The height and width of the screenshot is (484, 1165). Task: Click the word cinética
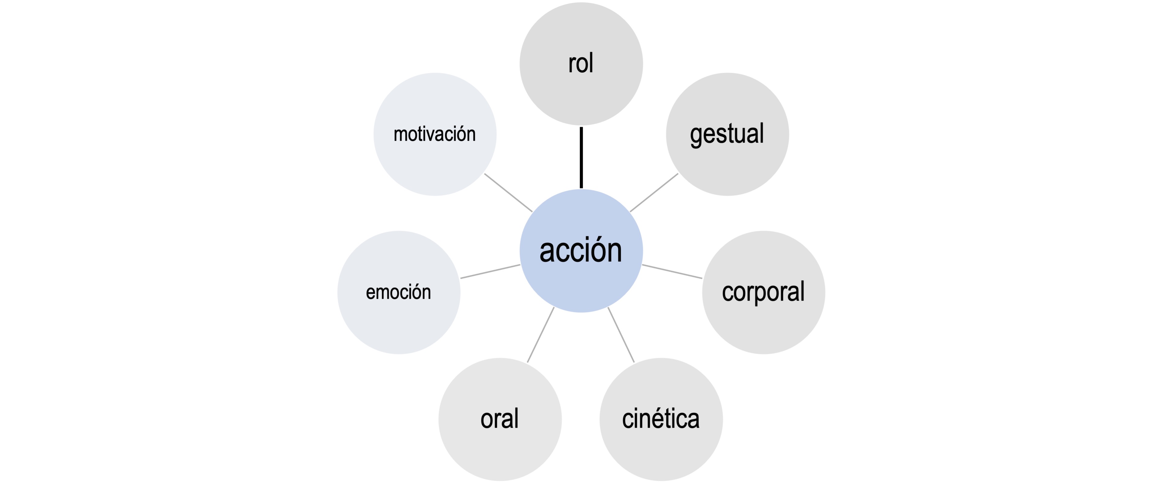[661, 419]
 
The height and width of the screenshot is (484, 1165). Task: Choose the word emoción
[398, 292]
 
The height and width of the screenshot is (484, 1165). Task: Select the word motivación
[435, 134]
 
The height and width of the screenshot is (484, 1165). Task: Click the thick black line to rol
[581, 157]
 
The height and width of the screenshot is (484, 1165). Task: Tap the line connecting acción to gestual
[654, 193]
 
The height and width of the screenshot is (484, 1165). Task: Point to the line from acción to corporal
[672, 272]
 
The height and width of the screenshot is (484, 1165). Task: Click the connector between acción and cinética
[621, 335]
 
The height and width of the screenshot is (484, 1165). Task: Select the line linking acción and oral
[541, 335]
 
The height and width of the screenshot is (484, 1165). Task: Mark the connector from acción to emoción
[490, 272]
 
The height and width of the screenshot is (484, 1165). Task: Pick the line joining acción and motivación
[508, 193]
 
